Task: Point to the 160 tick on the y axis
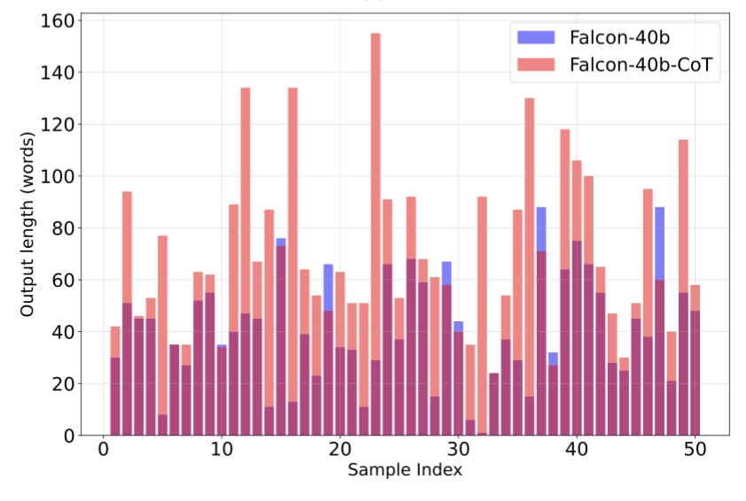[x=66, y=19]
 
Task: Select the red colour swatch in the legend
[x=536, y=65]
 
